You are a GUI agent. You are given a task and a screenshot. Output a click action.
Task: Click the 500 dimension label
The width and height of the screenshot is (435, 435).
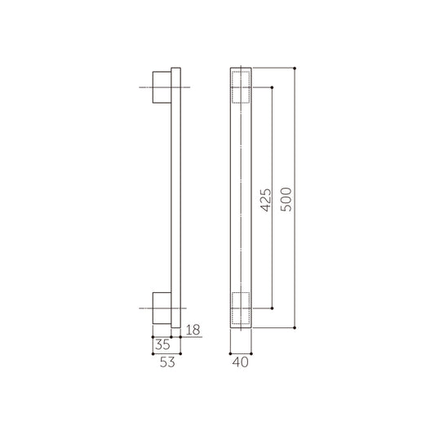(285, 197)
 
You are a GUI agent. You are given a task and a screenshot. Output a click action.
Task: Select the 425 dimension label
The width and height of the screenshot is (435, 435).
(264, 197)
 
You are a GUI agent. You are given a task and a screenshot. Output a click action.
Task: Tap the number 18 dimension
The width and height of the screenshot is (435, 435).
(193, 331)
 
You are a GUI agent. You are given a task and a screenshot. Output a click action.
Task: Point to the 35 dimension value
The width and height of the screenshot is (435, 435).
(164, 345)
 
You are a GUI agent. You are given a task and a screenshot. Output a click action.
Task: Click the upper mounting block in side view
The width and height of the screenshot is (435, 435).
(162, 87)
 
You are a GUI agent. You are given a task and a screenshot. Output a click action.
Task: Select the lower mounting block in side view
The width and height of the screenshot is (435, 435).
(162, 308)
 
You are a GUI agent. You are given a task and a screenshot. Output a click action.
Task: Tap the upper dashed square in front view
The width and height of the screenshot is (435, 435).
(242, 87)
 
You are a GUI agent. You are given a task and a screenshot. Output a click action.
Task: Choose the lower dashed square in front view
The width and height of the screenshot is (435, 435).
(242, 308)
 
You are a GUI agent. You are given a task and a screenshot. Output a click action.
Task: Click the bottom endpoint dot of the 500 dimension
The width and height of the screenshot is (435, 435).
(294, 327)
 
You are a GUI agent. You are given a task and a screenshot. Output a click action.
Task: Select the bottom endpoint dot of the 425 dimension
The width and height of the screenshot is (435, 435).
(273, 308)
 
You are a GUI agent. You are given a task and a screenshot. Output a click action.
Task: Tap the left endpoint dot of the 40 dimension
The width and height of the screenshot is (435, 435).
(232, 353)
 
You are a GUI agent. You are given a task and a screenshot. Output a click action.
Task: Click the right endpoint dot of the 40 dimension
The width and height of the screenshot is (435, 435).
(252, 353)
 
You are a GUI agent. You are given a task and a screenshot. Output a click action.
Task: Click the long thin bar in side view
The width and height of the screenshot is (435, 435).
(175, 197)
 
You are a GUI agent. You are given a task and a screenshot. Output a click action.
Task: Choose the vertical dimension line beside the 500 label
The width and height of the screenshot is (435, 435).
(294, 131)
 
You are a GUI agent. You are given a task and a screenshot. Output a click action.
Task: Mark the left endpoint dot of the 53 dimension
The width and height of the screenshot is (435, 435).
(153, 353)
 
